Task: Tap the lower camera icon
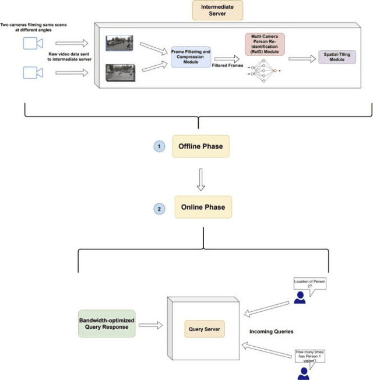click(x=33, y=72)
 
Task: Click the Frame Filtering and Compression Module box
click(x=191, y=57)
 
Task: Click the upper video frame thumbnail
click(x=119, y=43)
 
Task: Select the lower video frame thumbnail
click(x=120, y=72)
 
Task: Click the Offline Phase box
click(x=200, y=146)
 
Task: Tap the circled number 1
click(x=159, y=146)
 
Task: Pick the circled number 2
click(x=159, y=207)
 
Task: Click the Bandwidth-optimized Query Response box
click(x=106, y=323)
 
